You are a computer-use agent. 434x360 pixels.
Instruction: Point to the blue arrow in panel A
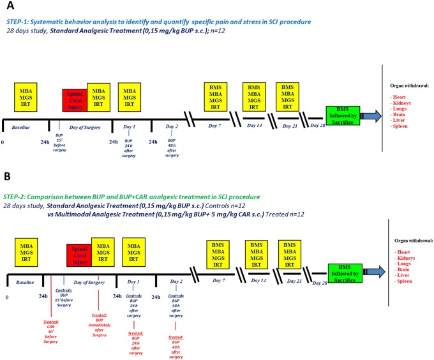[x=371, y=117]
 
